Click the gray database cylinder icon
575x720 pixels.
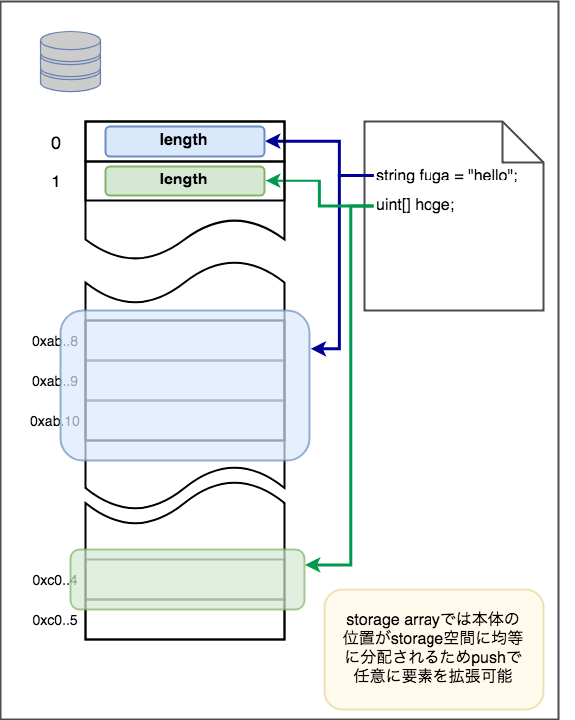tap(70, 61)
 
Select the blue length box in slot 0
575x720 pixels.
tap(184, 141)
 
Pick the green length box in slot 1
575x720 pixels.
tap(184, 180)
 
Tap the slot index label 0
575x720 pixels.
tap(56, 143)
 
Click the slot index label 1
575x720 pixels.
tap(56, 181)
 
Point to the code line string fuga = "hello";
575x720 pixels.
tap(446, 175)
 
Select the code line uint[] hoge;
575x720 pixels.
tap(415, 204)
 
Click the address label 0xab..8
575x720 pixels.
tap(55, 341)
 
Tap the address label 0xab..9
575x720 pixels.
tap(55, 381)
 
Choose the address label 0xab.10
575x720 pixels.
tap(55, 421)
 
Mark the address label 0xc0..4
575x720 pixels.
tap(55, 580)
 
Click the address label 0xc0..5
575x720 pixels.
tap(55, 621)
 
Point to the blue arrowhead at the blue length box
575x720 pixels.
tap(273, 141)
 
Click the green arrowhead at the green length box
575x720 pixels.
tap(273, 180)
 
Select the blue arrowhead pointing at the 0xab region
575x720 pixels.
tap(318, 349)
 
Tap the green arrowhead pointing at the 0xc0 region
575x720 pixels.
tap(313, 565)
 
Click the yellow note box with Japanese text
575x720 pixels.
tap(433, 649)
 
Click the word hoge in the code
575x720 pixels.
tap(434, 205)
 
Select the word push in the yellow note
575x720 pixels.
tap(488, 657)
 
